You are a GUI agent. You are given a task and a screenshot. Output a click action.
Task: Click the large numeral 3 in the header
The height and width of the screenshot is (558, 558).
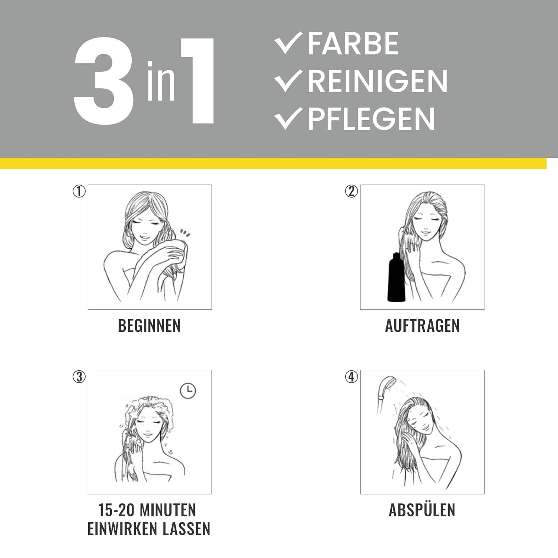coord(104,81)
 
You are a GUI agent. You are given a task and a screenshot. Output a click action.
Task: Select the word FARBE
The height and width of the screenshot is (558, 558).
coord(353,44)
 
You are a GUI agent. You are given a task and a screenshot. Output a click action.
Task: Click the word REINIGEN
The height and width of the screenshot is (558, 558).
coord(378,81)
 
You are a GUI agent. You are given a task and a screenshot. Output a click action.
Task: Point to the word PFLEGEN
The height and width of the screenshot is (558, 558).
coord(371,119)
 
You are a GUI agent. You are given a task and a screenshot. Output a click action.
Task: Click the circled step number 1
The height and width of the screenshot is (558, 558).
coord(79,191)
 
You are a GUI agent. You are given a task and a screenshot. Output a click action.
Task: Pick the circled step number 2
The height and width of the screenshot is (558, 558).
coord(352,191)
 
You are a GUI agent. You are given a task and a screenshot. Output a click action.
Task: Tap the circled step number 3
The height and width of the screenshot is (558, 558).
coord(79,377)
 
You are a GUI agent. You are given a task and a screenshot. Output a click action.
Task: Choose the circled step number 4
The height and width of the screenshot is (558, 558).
coord(352,377)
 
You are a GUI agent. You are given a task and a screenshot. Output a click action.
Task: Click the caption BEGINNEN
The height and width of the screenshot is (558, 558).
coord(149,326)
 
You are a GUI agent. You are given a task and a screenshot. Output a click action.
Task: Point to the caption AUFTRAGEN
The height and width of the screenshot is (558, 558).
coord(422,326)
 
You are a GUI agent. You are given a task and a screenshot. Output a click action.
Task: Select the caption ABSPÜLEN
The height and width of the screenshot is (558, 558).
coord(422,510)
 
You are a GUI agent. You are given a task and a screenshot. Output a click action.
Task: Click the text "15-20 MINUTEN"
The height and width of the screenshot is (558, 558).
coord(147,510)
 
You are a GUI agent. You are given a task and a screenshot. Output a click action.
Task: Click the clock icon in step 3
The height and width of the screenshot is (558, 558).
coord(188,391)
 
